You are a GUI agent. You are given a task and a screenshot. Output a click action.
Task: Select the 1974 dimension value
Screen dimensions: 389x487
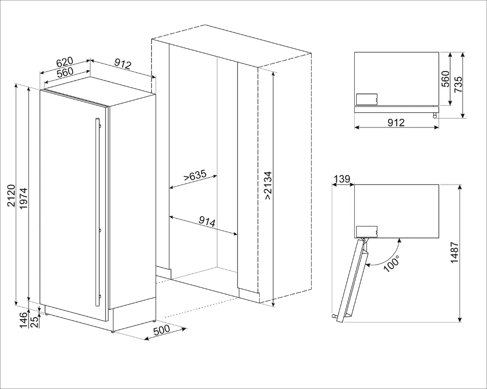click(23, 199)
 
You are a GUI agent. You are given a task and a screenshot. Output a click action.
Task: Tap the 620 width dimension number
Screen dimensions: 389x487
click(65, 62)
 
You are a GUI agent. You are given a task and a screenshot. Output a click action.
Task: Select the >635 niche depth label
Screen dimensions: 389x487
click(195, 176)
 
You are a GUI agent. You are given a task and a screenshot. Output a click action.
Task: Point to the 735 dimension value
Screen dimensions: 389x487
click(458, 84)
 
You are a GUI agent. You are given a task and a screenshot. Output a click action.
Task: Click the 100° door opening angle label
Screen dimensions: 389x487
click(391, 263)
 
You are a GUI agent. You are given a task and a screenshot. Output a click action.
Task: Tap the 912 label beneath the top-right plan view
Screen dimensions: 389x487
click(396, 123)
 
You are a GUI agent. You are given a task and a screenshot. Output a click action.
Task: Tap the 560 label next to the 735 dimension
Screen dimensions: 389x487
click(445, 79)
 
